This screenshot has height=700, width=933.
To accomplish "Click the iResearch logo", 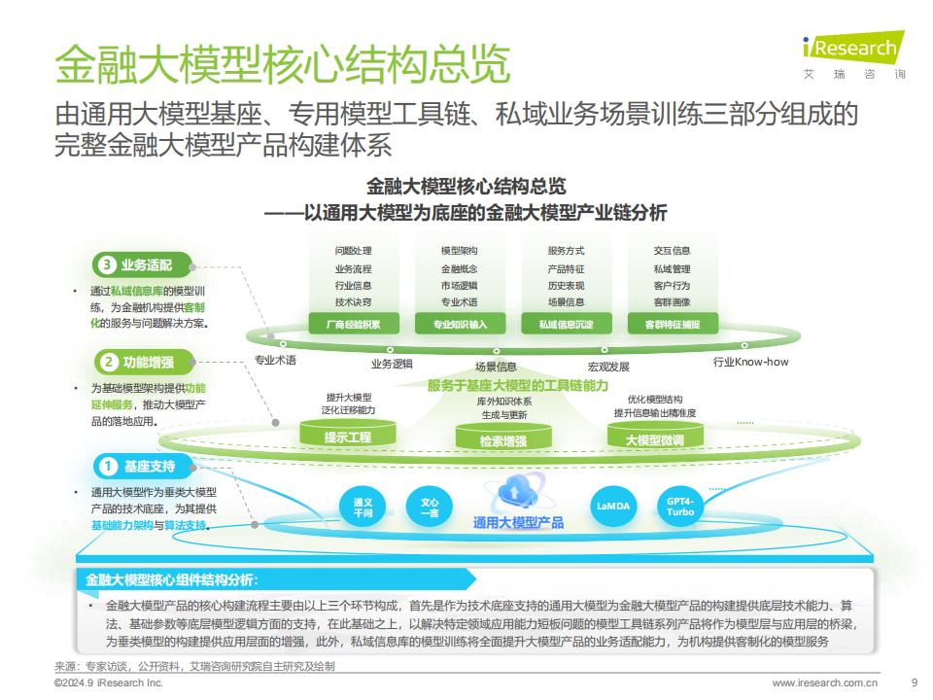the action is click(x=854, y=54).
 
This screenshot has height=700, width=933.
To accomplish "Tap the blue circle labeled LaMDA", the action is click(x=613, y=507).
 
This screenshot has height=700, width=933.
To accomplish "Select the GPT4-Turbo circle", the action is click(x=680, y=507).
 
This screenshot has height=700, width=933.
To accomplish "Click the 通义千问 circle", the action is click(x=363, y=507).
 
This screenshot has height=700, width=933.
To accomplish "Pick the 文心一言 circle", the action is click(x=429, y=507).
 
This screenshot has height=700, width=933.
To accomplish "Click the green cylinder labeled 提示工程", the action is click(x=348, y=433).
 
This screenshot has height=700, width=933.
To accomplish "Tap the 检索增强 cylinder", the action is click(x=503, y=437).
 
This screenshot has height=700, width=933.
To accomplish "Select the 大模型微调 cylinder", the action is click(x=655, y=436).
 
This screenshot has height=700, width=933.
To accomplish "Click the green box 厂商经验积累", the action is click(x=354, y=324).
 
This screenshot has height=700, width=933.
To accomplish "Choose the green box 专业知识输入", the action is click(x=460, y=324).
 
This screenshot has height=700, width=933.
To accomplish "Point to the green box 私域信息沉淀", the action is click(x=567, y=324).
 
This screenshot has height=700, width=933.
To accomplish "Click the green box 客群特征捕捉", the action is click(x=673, y=324).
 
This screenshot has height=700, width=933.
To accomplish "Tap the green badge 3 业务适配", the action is click(x=143, y=264).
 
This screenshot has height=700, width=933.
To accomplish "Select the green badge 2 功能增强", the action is click(x=144, y=362).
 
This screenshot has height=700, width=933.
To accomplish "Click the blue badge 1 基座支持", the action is click(x=144, y=466).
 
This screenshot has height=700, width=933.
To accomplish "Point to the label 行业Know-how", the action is click(x=750, y=362).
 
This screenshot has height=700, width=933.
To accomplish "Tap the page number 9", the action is click(x=915, y=682).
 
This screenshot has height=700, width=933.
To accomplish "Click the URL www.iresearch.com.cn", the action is click(x=825, y=682).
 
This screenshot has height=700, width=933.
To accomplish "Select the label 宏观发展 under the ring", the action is click(x=608, y=367).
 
